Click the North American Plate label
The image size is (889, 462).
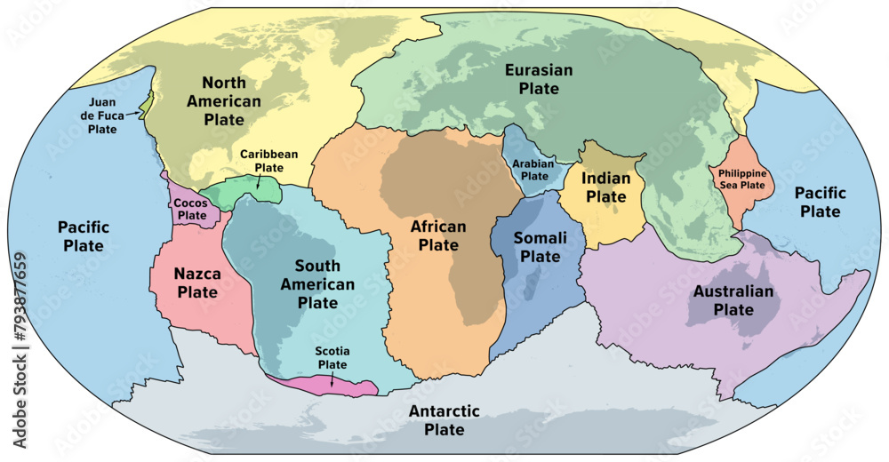point(224,100)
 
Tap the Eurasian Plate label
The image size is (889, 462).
point(539,78)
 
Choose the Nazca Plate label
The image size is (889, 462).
point(196,283)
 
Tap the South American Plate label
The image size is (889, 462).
point(317,284)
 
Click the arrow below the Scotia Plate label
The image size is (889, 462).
point(332,378)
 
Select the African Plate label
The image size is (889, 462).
point(438,235)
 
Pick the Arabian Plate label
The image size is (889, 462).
point(534,170)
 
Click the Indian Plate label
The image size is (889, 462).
point(606,187)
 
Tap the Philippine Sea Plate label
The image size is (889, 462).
point(741,179)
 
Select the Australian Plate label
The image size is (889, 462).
point(733,300)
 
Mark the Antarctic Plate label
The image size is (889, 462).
point(444,420)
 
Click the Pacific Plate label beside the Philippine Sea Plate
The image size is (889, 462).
point(820,202)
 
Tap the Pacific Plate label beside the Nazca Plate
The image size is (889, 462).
point(84,235)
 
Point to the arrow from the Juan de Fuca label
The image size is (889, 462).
point(133,113)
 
